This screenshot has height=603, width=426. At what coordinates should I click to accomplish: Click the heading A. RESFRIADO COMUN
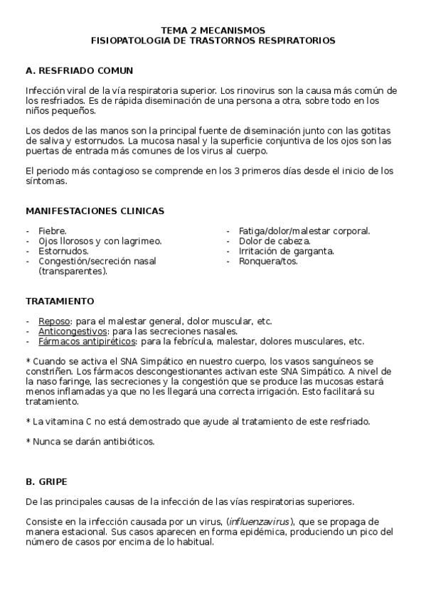tap(78, 71)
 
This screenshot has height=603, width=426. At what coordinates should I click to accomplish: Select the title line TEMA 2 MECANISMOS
tap(213, 31)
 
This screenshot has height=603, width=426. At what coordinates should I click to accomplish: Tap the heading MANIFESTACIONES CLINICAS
tap(95, 211)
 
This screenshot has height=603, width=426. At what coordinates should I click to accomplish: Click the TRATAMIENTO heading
tap(59, 301)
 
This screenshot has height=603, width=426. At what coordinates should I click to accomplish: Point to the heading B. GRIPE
tap(46, 481)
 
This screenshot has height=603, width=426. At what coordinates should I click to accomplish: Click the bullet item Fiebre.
tap(53, 231)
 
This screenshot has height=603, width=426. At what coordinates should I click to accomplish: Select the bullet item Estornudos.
tap(63, 251)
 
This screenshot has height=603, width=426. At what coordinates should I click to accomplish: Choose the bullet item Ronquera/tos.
tap(268, 261)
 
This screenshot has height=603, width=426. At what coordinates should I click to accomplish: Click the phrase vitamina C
tap(65, 421)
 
